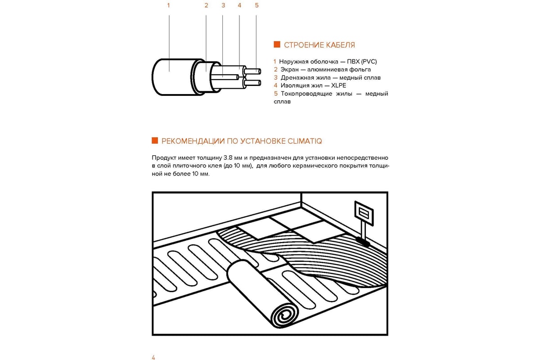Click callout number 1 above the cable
(x=168, y=6)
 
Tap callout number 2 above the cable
(x=206, y=6)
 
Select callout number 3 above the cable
(x=223, y=6)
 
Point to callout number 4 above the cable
(x=239, y=6)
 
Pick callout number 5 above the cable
(x=256, y=6)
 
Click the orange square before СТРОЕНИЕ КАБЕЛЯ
(x=277, y=45)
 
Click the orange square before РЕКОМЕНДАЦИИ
(x=155, y=141)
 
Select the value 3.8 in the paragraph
(x=228, y=158)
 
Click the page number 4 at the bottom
(x=153, y=357)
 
